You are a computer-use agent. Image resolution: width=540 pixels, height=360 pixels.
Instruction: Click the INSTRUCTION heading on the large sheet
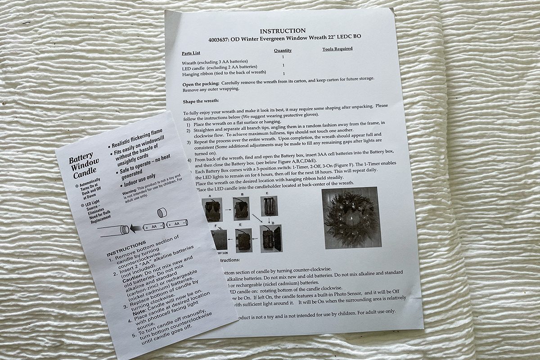[x=283, y=31]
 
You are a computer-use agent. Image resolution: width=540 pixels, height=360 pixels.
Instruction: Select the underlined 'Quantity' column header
[x=283, y=50]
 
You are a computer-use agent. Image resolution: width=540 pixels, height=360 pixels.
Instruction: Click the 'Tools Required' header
[x=337, y=49]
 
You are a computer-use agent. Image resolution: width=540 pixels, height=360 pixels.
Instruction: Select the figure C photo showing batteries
[x=269, y=206]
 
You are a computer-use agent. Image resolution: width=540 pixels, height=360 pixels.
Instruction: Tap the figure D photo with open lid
[x=271, y=238]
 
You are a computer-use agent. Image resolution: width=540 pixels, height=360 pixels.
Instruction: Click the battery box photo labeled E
[x=244, y=240]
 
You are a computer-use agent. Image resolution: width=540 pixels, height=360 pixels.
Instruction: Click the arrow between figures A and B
[x=227, y=209]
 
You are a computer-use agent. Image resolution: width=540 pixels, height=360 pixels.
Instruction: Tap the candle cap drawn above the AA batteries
[x=162, y=212]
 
